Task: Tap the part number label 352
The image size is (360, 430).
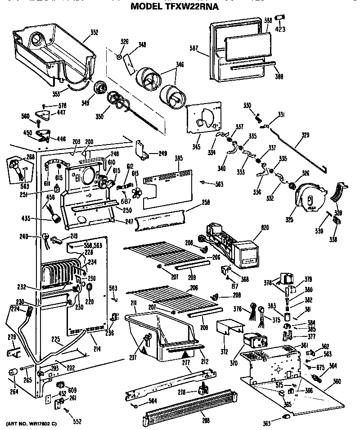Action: click(x=94, y=32)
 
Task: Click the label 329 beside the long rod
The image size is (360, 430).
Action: click(x=305, y=135)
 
